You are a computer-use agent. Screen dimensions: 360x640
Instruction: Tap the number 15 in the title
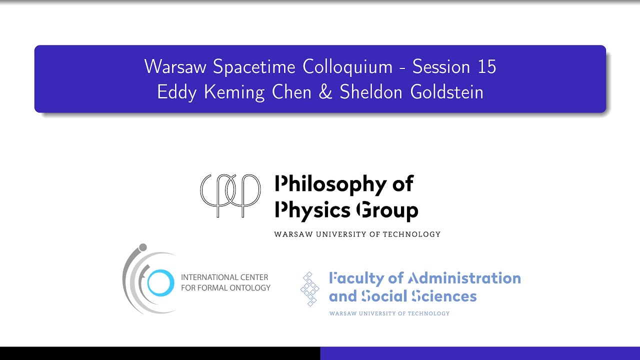pyautogui.click(x=486, y=67)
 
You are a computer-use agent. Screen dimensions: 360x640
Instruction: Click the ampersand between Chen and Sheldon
pyautogui.click(x=325, y=92)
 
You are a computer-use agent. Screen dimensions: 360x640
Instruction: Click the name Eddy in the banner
pyautogui.click(x=177, y=92)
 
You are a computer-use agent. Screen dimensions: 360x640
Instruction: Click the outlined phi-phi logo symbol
pyautogui.click(x=230, y=195)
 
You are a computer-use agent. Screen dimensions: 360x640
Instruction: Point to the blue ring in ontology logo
pyautogui.click(x=160, y=282)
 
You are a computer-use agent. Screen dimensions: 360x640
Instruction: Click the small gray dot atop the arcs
pyautogui.click(x=142, y=247)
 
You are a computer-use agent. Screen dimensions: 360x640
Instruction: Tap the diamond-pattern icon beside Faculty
pyautogui.click(x=310, y=289)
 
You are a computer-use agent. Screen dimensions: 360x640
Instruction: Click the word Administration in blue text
pyautogui.click(x=464, y=278)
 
